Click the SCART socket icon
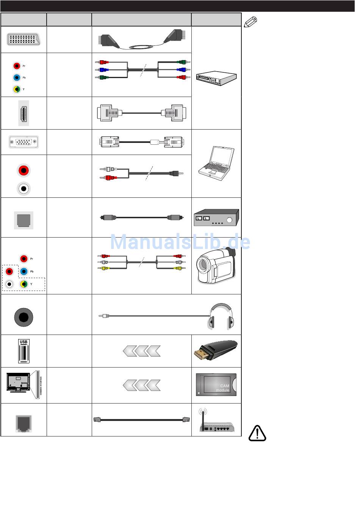click(23, 39)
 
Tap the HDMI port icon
click(23, 113)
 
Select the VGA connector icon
click(23, 142)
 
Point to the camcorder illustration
click(216, 265)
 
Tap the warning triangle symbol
click(257, 433)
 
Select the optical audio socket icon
click(23, 220)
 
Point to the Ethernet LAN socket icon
click(23, 423)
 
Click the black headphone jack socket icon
click(23, 317)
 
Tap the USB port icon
click(23, 351)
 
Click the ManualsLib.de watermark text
click(180, 242)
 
